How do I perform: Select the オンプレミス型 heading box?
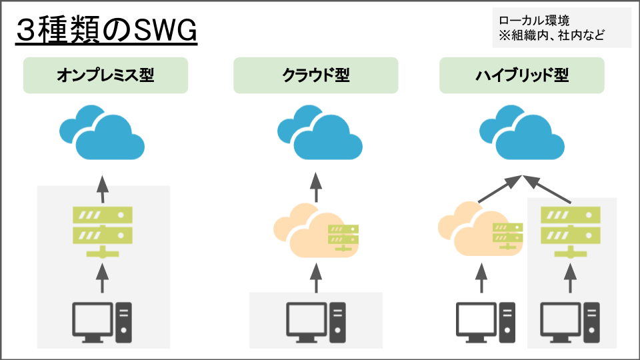pyautogui.click(x=105, y=75)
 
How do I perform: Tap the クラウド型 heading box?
pyautogui.click(x=315, y=75)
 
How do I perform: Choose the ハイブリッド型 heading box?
pyautogui.click(x=521, y=75)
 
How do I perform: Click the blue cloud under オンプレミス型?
pyautogui.click(x=103, y=133)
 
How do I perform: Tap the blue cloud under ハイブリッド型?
pyautogui.click(x=521, y=133)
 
